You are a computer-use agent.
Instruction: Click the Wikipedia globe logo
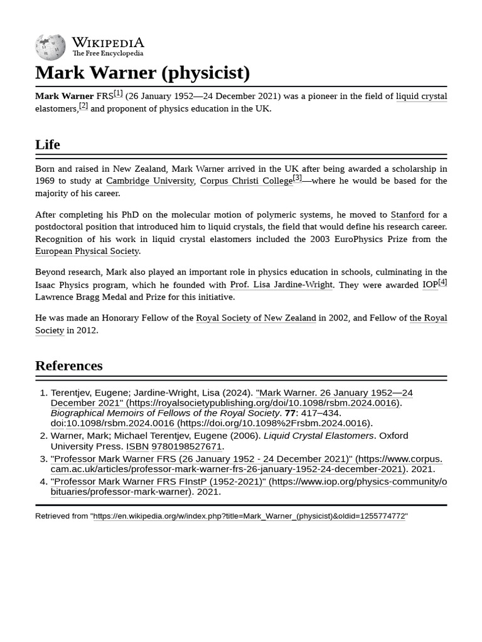pos(50,47)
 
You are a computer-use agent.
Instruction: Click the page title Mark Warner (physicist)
pos(142,73)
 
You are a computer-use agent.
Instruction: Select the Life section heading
pos(48,144)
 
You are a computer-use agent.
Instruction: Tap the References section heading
pos(68,366)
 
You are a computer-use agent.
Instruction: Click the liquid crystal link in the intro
pos(421,96)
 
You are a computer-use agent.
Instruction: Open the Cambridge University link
pos(150,181)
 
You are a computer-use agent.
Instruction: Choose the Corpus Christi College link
pos(246,181)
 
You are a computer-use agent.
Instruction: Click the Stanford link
pos(407,214)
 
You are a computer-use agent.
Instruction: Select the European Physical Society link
pos(87,251)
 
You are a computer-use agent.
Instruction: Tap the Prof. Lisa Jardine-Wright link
pos(281,285)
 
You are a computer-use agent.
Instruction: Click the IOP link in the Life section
pos(430,285)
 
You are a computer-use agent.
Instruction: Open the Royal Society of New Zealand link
pos(256,318)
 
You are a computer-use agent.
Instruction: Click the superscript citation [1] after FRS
pos(118,93)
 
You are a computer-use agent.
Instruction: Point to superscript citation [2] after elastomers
pos(83,106)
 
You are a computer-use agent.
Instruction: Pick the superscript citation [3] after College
pos(297,178)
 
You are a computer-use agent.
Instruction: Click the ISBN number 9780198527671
pos(186,446)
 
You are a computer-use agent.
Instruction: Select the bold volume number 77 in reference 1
pos(290,413)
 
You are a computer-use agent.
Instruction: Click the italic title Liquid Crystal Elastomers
pos(318,436)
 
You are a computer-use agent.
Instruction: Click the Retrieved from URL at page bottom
pos(249,516)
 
